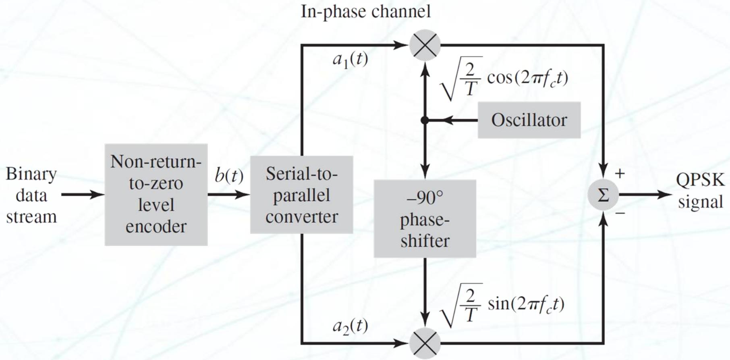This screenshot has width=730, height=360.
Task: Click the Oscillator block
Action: (x=529, y=120)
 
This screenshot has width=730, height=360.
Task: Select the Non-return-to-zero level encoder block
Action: (x=156, y=194)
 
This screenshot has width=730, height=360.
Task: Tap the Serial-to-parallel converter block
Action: (x=301, y=195)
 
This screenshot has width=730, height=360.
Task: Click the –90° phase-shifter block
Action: (x=425, y=218)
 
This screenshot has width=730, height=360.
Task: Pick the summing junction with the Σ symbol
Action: (x=603, y=195)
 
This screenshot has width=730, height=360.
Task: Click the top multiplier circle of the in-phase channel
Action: (x=425, y=45)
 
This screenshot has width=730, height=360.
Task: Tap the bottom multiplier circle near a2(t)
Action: (x=425, y=343)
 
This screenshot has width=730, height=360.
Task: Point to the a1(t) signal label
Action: (x=350, y=60)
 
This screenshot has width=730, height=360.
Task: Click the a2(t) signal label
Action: (x=350, y=326)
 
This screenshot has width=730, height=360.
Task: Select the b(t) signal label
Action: (x=229, y=175)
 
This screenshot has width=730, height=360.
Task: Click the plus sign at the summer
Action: (x=620, y=173)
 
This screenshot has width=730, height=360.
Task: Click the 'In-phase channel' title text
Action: (x=366, y=11)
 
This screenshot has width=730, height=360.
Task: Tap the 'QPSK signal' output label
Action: (x=700, y=190)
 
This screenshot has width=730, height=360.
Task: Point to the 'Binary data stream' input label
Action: (x=31, y=195)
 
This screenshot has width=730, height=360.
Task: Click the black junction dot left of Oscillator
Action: (x=425, y=120)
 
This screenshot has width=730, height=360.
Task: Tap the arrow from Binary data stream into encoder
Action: (x=83, y=195)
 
